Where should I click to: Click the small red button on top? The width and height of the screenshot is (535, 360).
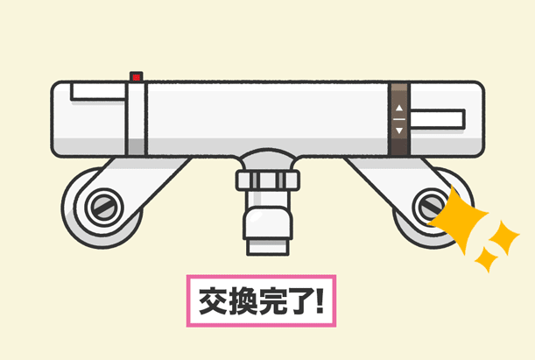(136, 77)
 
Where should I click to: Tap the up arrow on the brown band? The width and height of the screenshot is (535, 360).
(399, 108)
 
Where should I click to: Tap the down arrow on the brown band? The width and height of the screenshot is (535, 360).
(399, 131)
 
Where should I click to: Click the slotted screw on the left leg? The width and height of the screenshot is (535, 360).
(104, 207)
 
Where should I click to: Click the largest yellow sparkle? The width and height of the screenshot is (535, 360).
(458, 220)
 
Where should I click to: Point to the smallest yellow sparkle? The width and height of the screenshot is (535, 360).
(487, 259)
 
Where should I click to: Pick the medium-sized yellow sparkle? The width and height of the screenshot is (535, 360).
(504, 236)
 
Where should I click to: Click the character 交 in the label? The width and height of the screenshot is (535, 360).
(213, 301)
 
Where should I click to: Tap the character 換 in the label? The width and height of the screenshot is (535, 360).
(243, 301)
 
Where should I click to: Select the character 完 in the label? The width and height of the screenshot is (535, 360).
(274, 301)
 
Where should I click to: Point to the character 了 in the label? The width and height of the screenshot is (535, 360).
(303, 301)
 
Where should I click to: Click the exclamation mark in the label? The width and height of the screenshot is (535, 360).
(320, 300)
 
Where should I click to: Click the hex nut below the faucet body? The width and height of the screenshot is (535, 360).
(268, 180)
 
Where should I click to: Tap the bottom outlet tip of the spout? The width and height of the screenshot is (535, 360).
(268, 247)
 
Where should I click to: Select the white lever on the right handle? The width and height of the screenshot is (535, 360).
(438, 119)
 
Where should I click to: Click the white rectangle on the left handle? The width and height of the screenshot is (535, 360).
(98, 91)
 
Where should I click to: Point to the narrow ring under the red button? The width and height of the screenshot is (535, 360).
(136, 119)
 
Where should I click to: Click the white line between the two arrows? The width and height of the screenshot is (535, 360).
(399, 119)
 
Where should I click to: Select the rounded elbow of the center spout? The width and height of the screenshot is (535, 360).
(268, 222)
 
